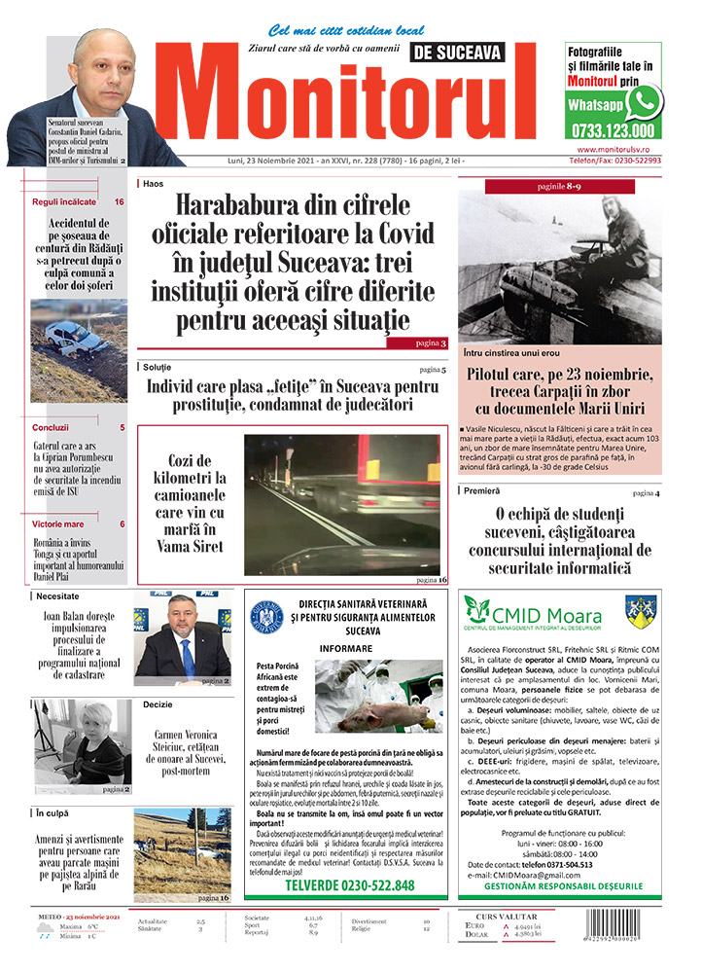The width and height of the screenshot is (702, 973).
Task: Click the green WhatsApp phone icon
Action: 644,102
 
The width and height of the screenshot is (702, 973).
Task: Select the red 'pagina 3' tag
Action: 417,342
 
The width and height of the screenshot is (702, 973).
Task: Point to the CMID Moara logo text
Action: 546,615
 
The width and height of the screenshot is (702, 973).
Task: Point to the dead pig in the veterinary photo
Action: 373,715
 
